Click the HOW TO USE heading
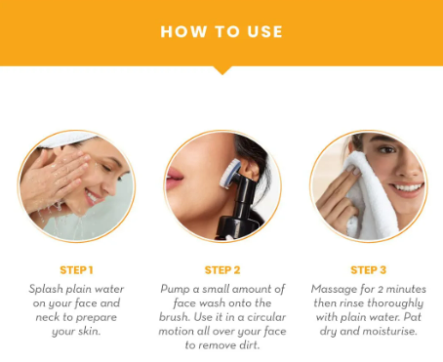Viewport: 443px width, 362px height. [221, 32]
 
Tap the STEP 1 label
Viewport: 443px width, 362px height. [76, 270]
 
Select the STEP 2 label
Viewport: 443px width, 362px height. [222, 270]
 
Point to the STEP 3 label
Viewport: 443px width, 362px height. [369, 270]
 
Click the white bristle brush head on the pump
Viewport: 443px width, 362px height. [229, 174]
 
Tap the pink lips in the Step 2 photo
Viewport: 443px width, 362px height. [174, 180]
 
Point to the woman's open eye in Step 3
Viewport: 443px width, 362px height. [387, 150]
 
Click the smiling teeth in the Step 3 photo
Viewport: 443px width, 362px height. [407, 187]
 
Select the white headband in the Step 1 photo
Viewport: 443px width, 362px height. [66, 139]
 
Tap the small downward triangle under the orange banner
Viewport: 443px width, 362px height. [222, 70]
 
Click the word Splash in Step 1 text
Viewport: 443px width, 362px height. [46, 289]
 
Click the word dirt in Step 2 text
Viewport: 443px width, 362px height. [250, 345]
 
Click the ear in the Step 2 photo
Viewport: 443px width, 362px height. [251, 169]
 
